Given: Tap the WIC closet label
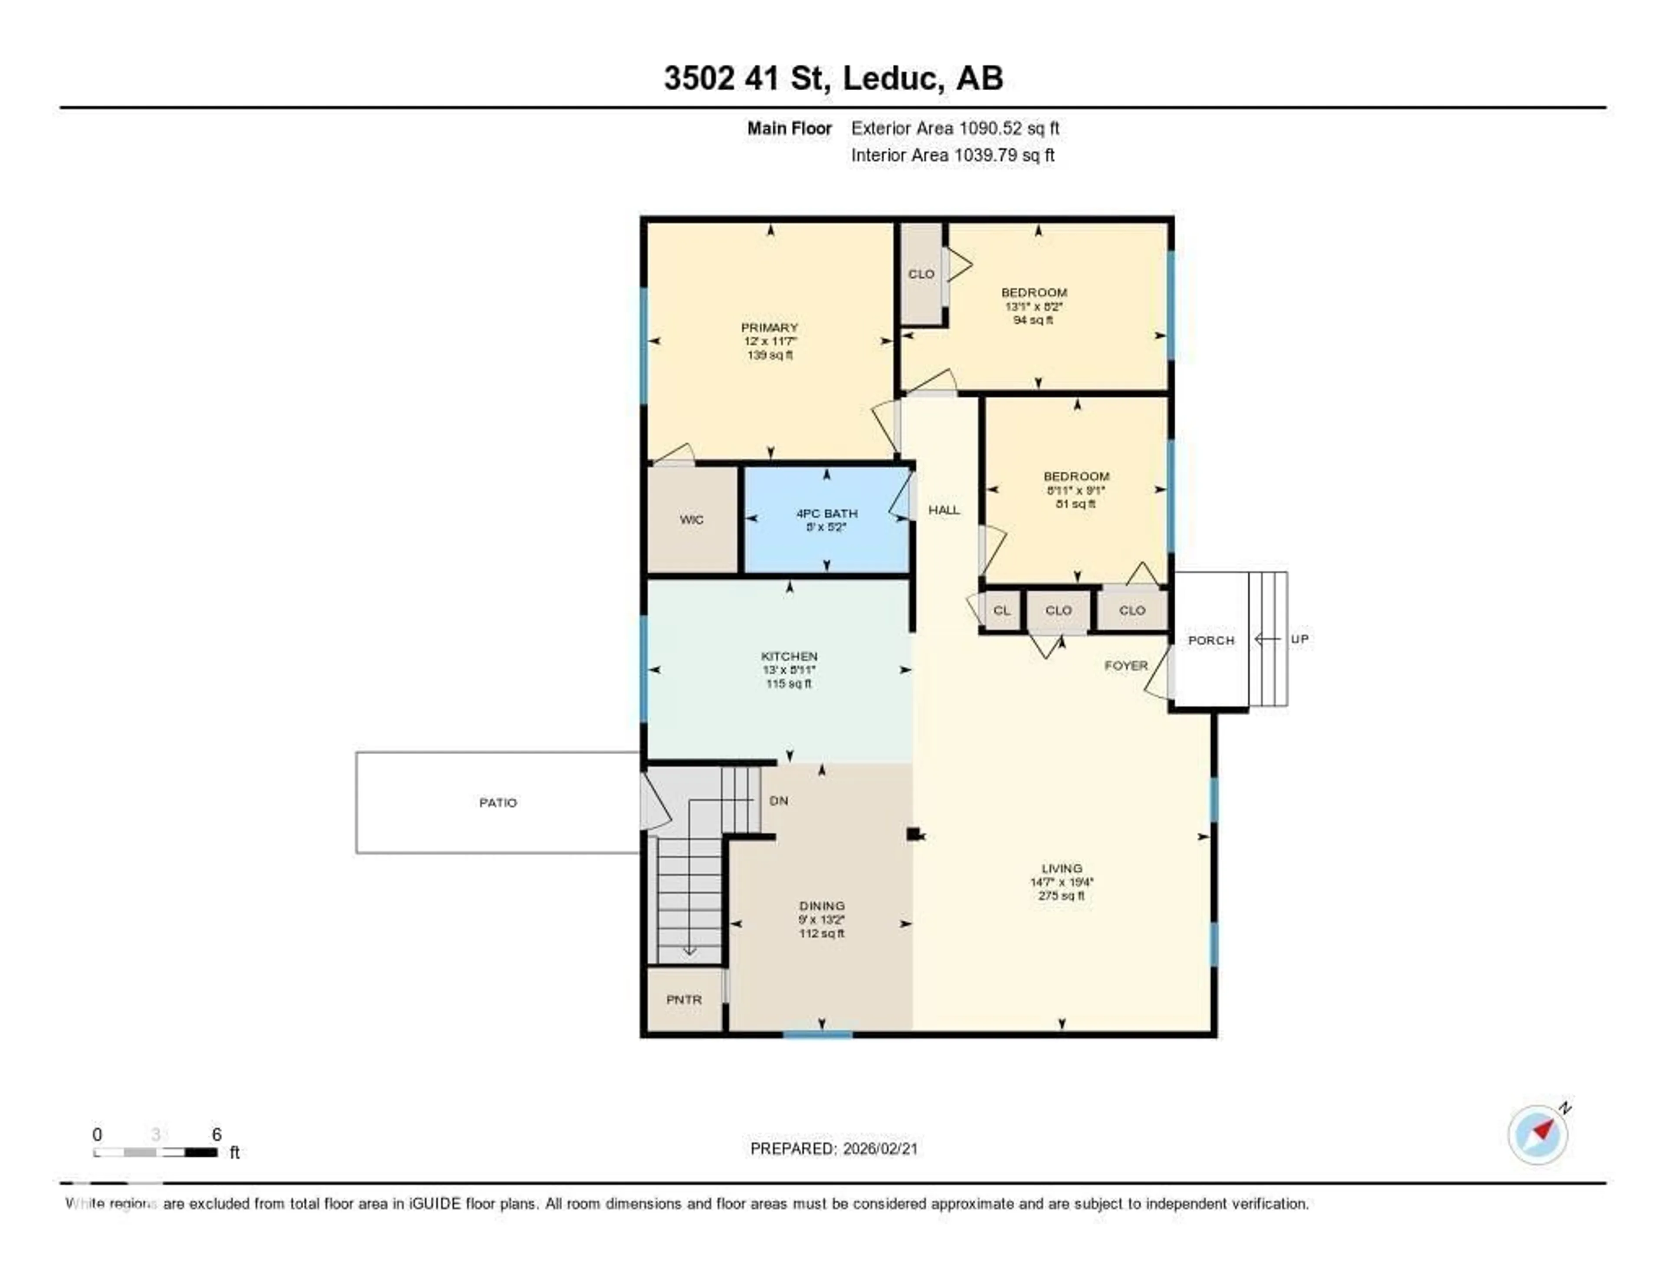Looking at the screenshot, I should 691,519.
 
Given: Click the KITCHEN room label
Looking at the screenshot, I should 789,656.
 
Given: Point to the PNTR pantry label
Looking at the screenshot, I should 683,999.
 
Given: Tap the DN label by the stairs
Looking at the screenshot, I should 778,800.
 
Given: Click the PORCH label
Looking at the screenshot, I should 1210,640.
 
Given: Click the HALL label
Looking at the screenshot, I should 944,509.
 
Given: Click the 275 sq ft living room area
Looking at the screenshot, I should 1061,896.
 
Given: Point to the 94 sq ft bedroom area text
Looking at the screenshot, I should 1033,320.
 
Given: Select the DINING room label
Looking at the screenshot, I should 822,906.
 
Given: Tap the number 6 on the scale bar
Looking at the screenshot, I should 216,1134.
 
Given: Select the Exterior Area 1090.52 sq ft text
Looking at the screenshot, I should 955,128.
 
